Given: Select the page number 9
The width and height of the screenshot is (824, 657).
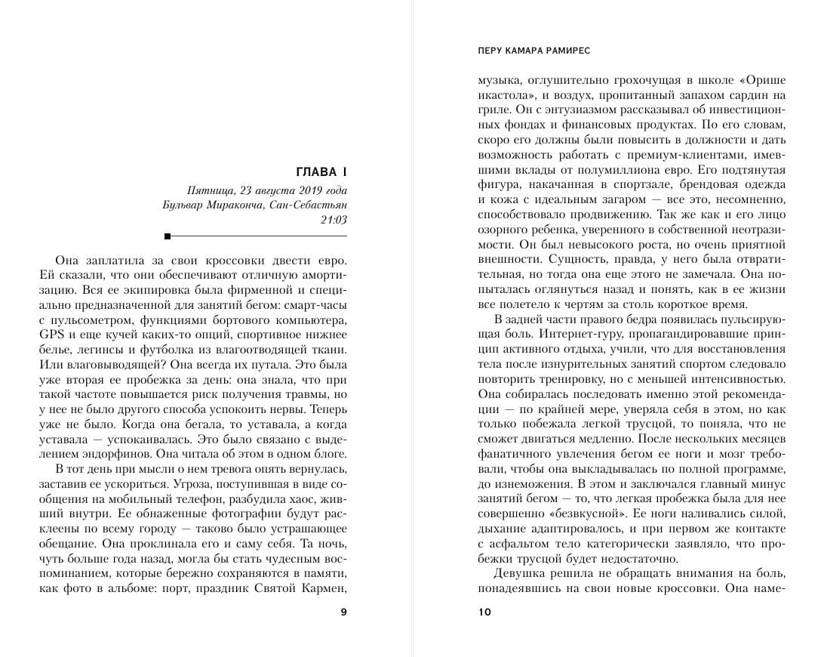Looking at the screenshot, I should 344,612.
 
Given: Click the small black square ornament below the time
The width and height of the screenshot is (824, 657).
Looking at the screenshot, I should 177,236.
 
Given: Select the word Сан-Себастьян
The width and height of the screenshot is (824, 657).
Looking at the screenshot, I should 311,205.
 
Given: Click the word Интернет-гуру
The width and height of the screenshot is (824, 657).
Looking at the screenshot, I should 575,334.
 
